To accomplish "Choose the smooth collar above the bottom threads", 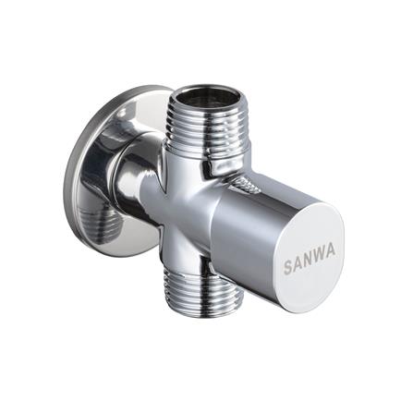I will (x=189, y=263).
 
